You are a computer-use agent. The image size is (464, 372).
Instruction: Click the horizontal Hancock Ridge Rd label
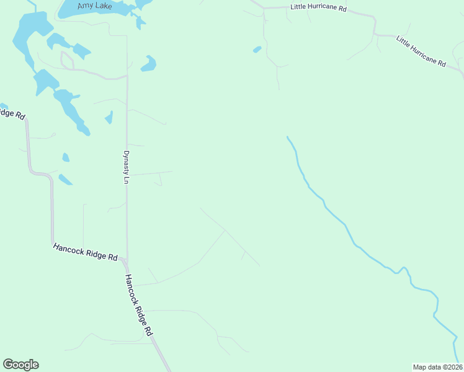(85, 251)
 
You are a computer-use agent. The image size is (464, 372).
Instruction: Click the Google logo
(20, 365)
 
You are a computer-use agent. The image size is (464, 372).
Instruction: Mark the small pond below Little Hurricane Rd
(257, 49)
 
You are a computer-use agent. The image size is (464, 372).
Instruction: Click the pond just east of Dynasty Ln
(148, 63)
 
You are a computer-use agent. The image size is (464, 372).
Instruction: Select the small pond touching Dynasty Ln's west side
(109, 117)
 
